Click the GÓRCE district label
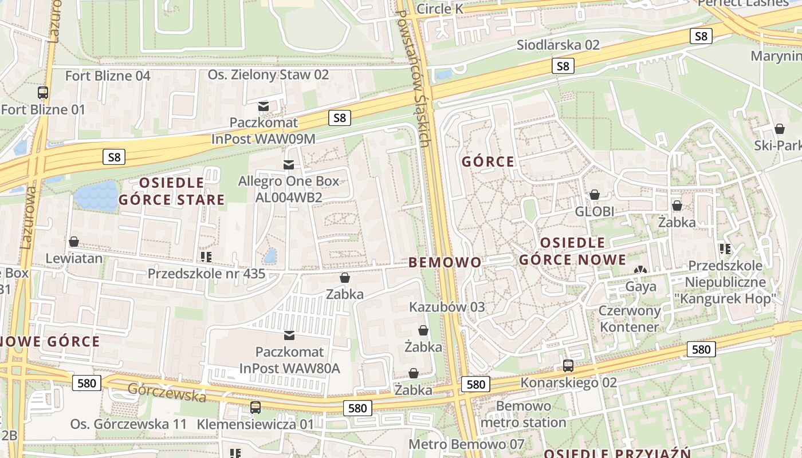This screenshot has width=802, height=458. (x=488, y=162)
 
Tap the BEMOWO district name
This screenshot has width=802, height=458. (x=445, y=263)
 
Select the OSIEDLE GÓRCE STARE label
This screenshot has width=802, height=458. (x=171, y=191)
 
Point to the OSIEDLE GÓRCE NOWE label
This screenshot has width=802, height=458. (x=572, y=251)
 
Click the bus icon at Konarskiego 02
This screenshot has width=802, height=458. (x=568, y=365)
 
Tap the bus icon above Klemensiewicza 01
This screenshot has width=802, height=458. (x=255, y=408)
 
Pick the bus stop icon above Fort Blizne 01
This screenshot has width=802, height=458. (x=43, y=92)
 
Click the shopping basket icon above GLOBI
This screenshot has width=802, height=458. (x=595, y=195)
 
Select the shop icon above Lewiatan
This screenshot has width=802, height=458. (x=74, y=242)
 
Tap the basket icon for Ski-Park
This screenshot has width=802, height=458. (x=779, y=129)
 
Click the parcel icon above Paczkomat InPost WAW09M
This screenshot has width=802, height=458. (x=264, y=106)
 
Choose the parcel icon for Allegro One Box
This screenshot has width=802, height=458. (x=289, y=165)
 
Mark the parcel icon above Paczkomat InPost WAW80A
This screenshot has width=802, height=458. (x=289, y=335)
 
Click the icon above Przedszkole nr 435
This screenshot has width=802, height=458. (x=206, y=256)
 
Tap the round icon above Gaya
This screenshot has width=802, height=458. (x=640, y=270)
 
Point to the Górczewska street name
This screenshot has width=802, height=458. (x=167, y=392)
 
